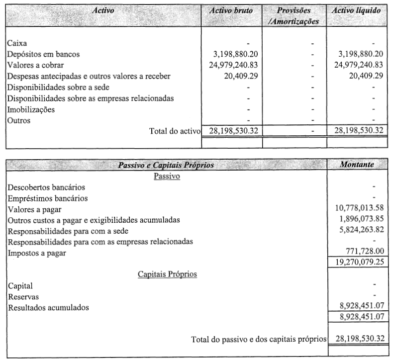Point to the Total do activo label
pyautogui.click(x=174, y=131)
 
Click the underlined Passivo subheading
pyautogui.click(x=167, y=176)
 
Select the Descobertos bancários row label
pyautogui.click(x=46, y=187)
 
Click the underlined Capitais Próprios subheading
pyautogui.click(x=167, y=274)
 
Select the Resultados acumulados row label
pyautogui.click(x=49, y=307)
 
